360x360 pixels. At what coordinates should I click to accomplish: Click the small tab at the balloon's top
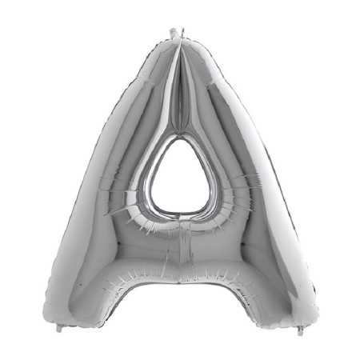[174, 32]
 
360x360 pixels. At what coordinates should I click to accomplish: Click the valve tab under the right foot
[301, 328]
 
